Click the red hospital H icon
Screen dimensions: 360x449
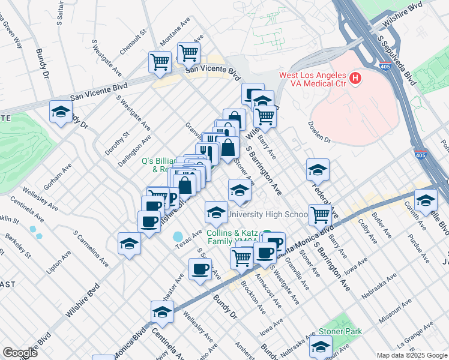point(355,78)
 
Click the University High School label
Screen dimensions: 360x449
point(277,214)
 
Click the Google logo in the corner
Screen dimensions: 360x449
point(19,353)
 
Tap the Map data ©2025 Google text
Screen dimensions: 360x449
point(411,355)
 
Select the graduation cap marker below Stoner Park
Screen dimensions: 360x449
point(321,346)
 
